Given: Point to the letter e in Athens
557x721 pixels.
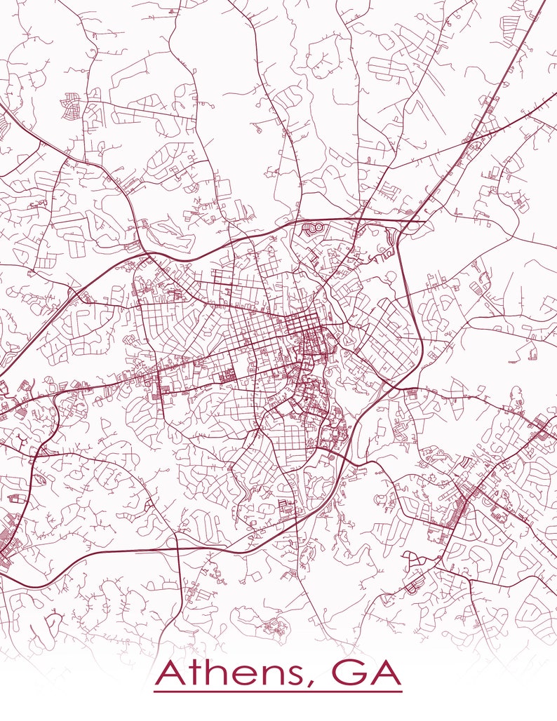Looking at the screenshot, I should pyautogui.click(x=241, y=678).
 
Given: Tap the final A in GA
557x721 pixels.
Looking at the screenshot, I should pyautogui.click(x=382, y=674).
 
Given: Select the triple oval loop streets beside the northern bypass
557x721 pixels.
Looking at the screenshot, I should pyautogui.click(x=311, y=229).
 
